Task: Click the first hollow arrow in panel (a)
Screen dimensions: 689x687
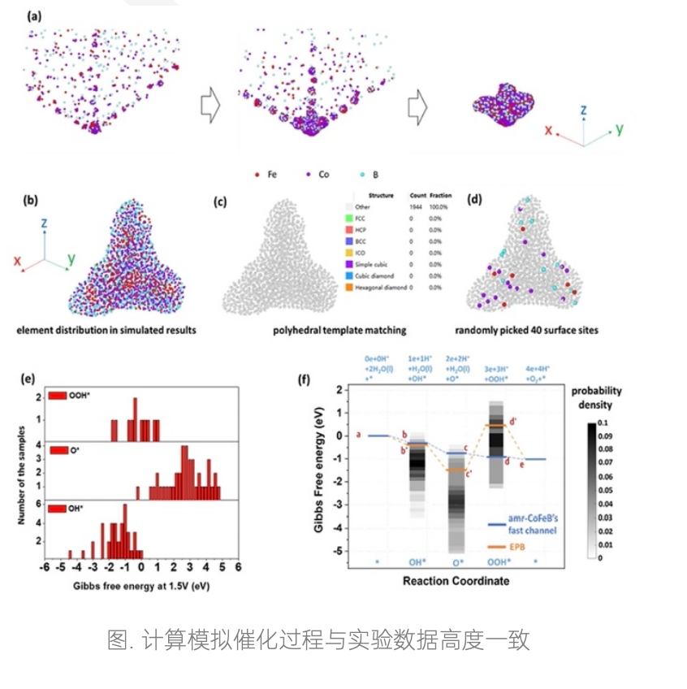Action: (x=210, y=106)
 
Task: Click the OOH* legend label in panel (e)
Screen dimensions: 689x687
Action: (x=81, y=396)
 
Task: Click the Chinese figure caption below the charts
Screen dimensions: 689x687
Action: (x=318, y=639)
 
